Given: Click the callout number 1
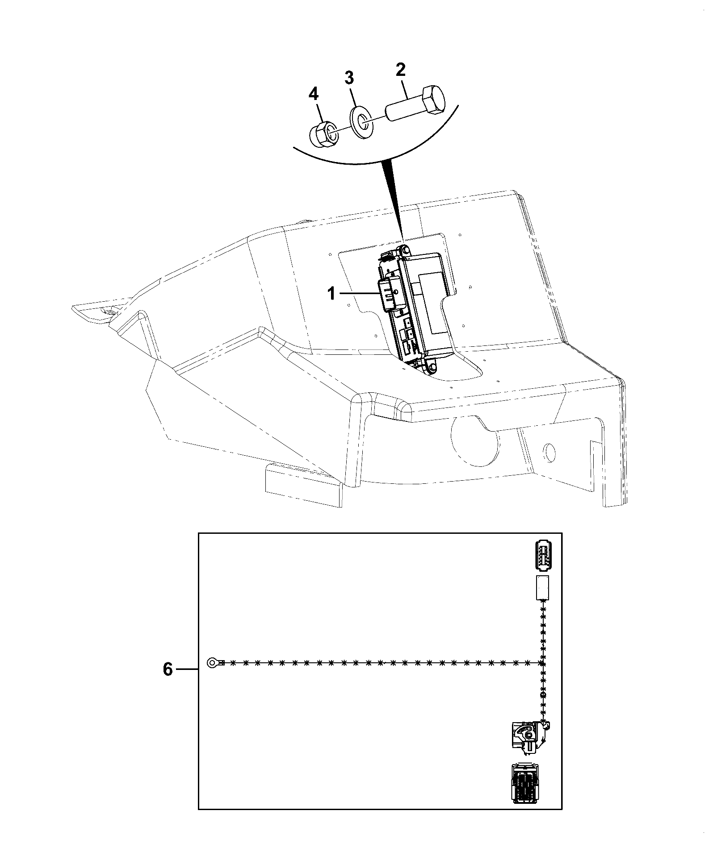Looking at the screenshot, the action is click(331, 294).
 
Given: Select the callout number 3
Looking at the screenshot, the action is click(349, 78).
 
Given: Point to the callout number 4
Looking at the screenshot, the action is click(315, 94).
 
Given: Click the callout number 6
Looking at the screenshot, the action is click(168, 682).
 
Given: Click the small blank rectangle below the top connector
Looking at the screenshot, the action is click(542, 587).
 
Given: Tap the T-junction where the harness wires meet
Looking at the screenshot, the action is click(542, 676).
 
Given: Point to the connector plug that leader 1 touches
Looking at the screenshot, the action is click(389, 295).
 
